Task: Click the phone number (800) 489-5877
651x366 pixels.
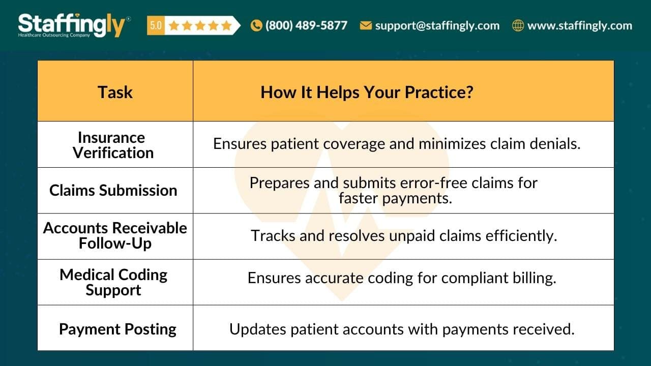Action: [x=306, y=25]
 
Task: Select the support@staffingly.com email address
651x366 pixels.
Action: [x=437, y=25]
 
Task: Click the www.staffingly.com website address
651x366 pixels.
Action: [x=579, y=25]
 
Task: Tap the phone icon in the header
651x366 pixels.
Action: [x=256, y=25]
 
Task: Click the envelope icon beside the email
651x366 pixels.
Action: [x=366, y=25]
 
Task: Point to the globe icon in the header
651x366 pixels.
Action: [x=518, y=25]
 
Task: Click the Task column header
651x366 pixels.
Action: [x=115, y=92]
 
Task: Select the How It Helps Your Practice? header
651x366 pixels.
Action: [x=367, y=92]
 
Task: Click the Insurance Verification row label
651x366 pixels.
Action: [x=113, y=145]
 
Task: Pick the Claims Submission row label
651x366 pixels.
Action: [x=113, y=190]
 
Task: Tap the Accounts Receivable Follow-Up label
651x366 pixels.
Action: [x=115, y=235]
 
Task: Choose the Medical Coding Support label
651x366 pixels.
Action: [x=113, y=282]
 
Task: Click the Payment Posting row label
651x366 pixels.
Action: [x=117, y=329]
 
